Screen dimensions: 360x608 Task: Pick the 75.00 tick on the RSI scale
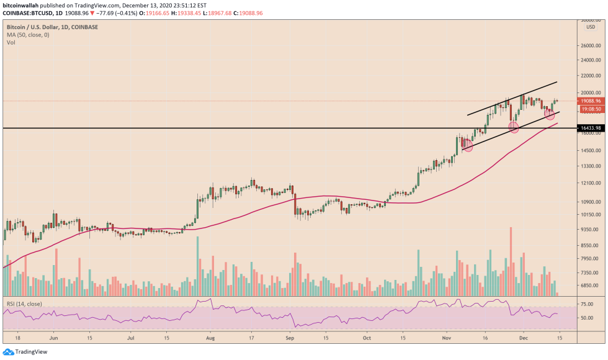(588, 305)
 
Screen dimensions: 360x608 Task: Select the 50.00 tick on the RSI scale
(588, 318)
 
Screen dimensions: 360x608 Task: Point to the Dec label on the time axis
(522, 338)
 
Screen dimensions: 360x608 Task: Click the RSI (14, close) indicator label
(24, 305)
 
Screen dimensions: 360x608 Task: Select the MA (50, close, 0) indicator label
(27, 35)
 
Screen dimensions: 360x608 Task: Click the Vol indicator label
(11, 42)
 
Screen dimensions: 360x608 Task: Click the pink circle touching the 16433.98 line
(514, 127)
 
